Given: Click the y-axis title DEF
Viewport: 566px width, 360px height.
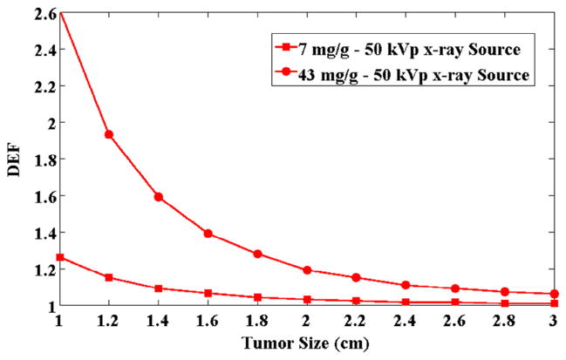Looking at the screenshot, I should (x=13, y=160).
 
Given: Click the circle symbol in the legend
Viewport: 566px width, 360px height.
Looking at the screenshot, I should (x=288, y=75).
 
